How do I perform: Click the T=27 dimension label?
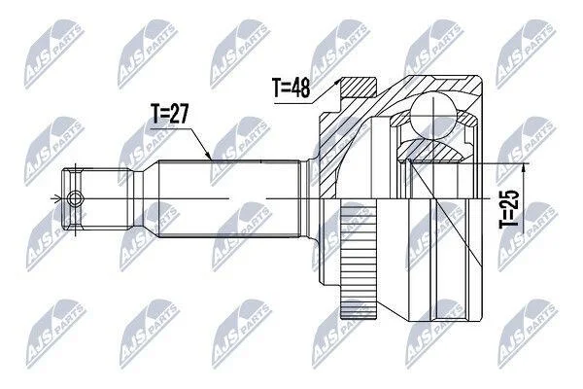click(170, 114)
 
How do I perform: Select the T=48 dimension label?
click(291, 88)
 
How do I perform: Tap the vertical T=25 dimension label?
click(508, 209)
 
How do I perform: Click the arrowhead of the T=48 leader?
click(337, 81)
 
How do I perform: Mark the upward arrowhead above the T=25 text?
click(523, 168)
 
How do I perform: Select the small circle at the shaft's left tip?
click(76, 198)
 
